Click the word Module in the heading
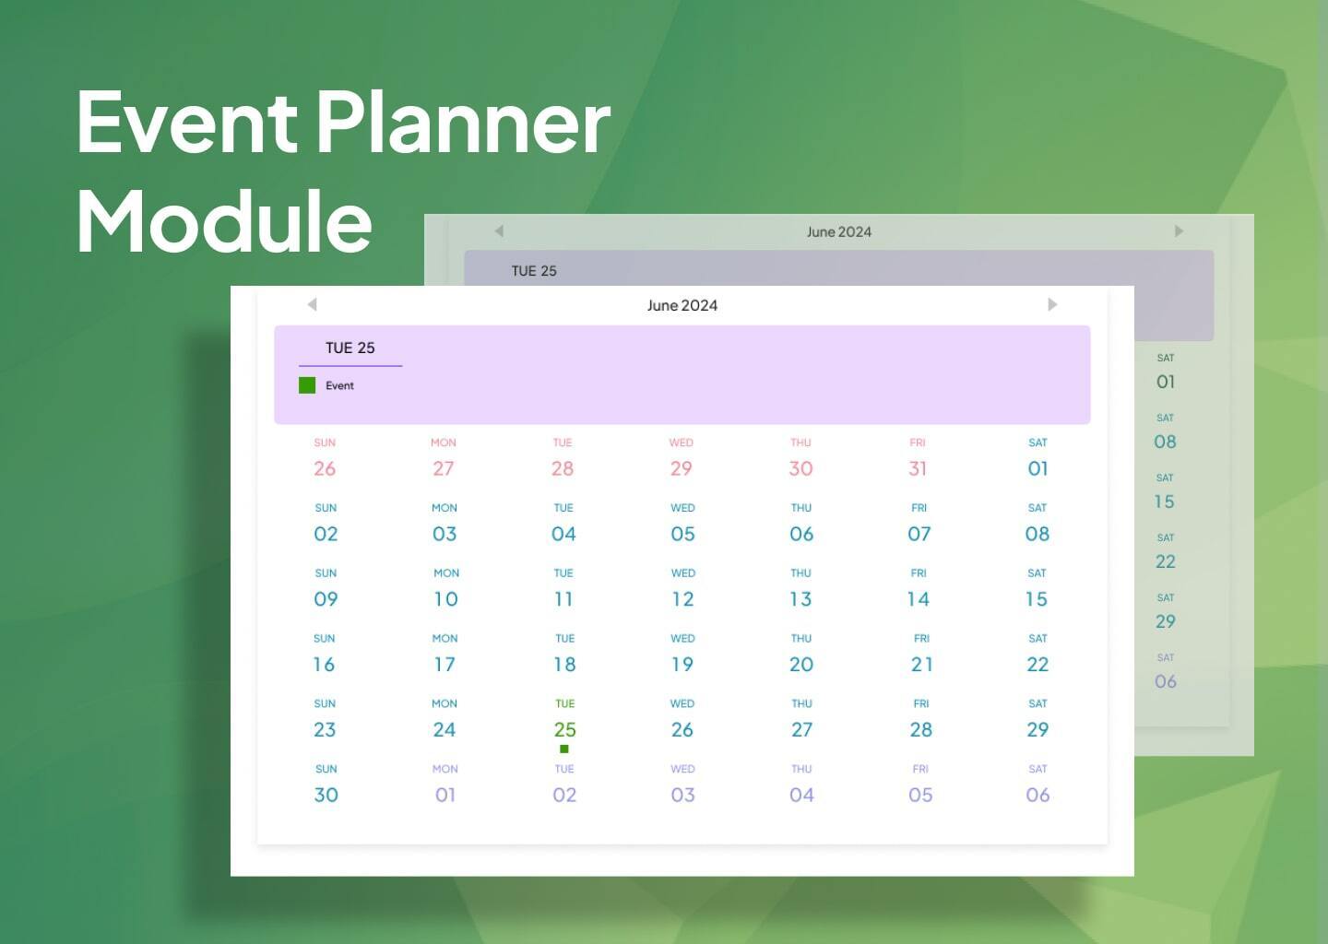[224, 220]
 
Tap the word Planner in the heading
[464, 122]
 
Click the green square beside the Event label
[307, 385]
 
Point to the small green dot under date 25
[564, 749]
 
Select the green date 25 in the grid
[564, 729]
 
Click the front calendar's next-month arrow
[1052, 304]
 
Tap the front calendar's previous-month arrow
[312, 304]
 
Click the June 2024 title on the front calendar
[682, 305]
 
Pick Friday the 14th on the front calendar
[919, 599]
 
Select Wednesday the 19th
[682, 665]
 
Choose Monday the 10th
[445, 599]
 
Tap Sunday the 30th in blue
[326, 795]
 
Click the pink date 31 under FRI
[918, 468]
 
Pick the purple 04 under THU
[801, 795]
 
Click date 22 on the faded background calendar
[1166, 561]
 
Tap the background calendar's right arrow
[1179, 231]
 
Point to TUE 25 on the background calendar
[534, 271]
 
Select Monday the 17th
[445, 665]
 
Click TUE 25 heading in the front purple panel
[350, 348]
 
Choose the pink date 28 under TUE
[563, 468]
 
